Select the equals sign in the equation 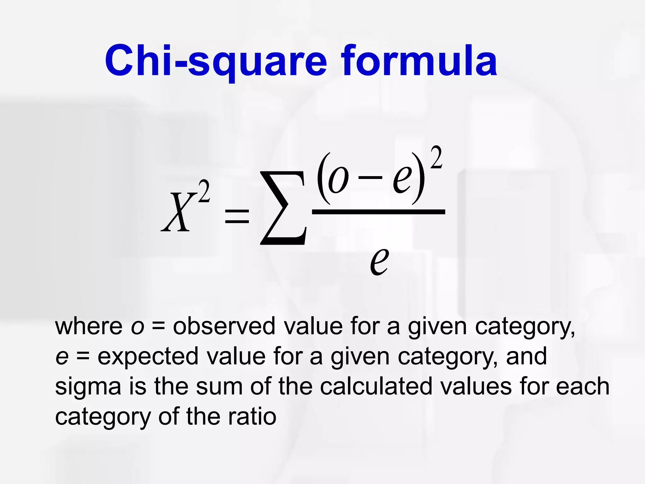(x=237, y=217)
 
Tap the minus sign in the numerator (x=370, y=178)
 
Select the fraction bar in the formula (x=378, y=212)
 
